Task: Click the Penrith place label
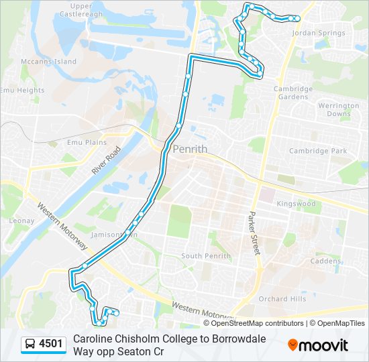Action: click(x=190, y=149)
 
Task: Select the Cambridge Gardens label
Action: click(x=293, y=93)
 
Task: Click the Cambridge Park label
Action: click(x=318, y=151)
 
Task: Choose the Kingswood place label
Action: click(x=296, y=203)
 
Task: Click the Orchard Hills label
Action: click(x=282, y=299)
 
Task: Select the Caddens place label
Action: click(x=325, y=261)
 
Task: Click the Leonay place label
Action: click(x=21, y=220)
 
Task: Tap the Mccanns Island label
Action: click(x=48, y=61)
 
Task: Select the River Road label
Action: click(x=107, y=161)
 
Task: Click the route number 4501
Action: click(x=51, y=344)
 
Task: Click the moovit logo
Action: click(x=318, y=345)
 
